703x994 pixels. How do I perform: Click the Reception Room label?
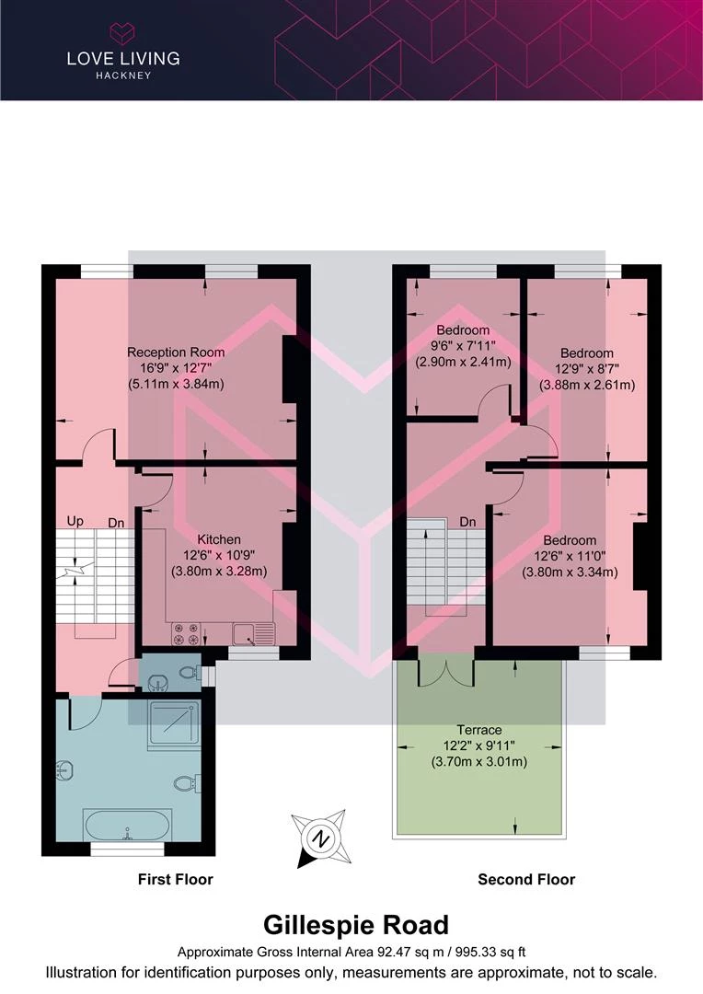[x=176, y=353]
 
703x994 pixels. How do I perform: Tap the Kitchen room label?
[x=219, y=539]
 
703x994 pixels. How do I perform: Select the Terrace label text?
[x=478, y=730]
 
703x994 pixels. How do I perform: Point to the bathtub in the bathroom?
[x=127, y=825]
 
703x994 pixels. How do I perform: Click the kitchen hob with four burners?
[x=186, y=634]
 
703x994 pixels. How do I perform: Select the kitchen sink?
[x=253, y=634]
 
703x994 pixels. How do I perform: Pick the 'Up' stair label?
[x=75, y=521]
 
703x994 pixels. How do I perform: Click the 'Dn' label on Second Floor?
[x=467, y=522]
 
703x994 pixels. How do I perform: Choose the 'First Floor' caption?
[x=176, y=879]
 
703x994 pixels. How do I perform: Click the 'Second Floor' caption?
[x=526, y=879]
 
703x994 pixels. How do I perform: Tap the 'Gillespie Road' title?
[x=355, y=925]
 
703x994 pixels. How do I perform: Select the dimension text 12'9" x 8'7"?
[x=588, y=369]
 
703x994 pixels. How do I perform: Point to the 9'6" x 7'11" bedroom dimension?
[x=463, y=345]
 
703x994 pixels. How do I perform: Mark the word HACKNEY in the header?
[x=123, y=75]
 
